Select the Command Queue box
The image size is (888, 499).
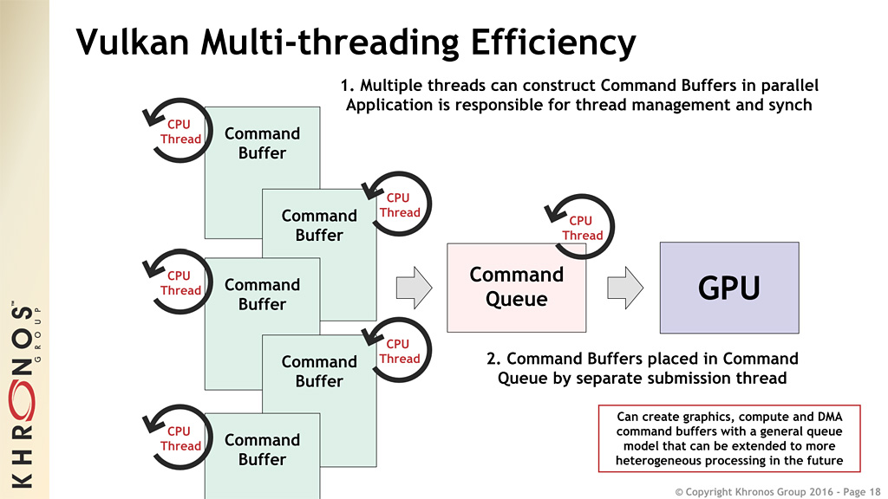tap(516, 287)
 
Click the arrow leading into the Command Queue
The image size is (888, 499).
tap(413, 287)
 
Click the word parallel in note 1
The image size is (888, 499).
tap(787, 86)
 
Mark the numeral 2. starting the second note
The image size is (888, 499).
tap(493, 358)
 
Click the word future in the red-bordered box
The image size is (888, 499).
tap(823, 460)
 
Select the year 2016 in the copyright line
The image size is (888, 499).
tap(800, 490)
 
